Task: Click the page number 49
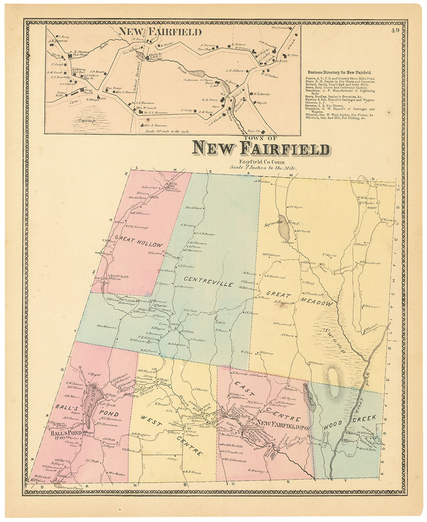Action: click(396, 30)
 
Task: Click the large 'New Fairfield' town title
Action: click(261, 148)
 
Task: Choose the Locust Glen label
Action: click(117, 275)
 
